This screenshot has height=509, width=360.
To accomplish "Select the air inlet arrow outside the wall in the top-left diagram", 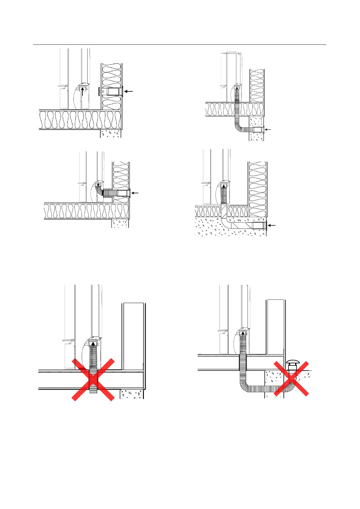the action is tap(128, 91).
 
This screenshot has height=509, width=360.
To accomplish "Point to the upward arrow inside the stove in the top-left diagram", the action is tap(82, 91).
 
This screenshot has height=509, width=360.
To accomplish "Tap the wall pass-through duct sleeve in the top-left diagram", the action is tap(115, 92).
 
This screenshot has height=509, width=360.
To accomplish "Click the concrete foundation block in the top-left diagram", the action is tap(111, 134).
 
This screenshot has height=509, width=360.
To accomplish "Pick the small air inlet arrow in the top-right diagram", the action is tap(268, 130).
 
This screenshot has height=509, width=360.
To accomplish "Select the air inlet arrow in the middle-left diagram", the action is tap(135, 193).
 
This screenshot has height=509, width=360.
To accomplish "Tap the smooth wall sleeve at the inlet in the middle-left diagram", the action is tap(123, 193).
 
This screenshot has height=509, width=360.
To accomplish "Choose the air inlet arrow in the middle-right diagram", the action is tap(272, 225).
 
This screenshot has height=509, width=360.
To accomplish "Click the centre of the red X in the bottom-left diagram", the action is tap(93, 379).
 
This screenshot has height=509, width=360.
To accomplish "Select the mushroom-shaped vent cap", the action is tap(292, 362).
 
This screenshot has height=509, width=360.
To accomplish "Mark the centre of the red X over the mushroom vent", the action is tap(291, 378).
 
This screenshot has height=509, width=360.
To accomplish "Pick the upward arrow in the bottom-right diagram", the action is tap(243, 334).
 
